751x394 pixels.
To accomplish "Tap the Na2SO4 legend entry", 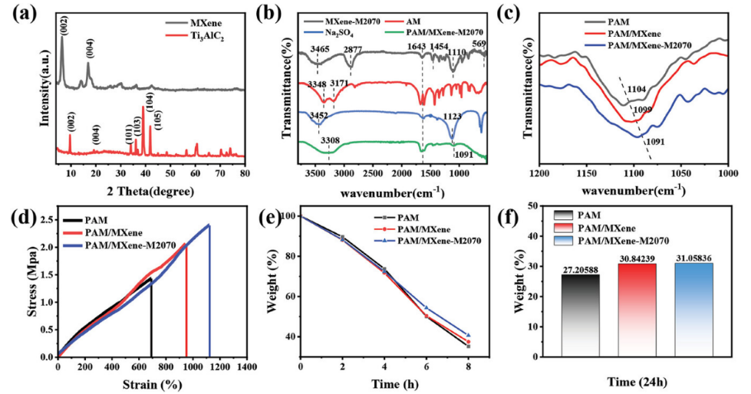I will tap(331, 33).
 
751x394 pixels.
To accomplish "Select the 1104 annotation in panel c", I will tap(636, 90).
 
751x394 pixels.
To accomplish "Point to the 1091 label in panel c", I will tap(657, 141).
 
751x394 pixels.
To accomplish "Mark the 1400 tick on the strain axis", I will tap(246, 367).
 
